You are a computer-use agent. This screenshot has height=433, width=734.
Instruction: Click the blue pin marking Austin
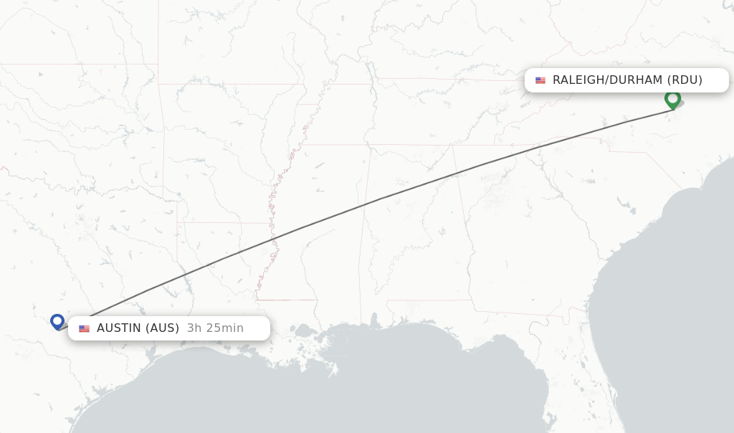[57, 321]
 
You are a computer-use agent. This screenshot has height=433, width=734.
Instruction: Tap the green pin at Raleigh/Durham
[672, 98]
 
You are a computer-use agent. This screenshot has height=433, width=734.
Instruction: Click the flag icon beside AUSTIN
[85, 328]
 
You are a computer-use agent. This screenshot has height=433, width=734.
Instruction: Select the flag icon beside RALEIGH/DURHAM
[540, 80]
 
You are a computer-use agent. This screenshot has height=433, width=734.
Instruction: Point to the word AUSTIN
[119, 328]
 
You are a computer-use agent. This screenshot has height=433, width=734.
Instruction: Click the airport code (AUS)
[162, 328]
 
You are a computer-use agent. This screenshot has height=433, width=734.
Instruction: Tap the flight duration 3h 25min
[215, 328]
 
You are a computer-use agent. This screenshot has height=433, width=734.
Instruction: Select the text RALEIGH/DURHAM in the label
[607, 80]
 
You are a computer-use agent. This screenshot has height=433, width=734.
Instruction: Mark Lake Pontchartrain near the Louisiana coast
[305, 331]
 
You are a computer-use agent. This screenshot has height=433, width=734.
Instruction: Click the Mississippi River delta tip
[334, 371]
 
